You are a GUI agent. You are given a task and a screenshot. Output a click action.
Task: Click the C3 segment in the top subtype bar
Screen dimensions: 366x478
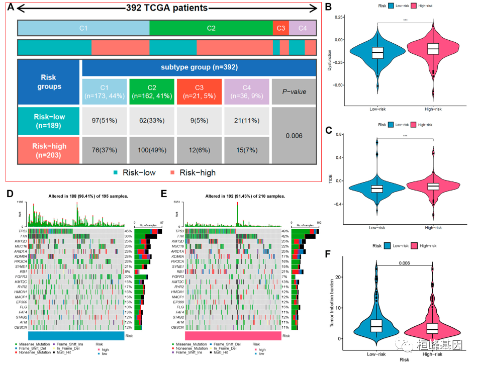pos(280,28)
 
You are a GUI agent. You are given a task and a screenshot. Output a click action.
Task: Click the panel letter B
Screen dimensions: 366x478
pos(328,8)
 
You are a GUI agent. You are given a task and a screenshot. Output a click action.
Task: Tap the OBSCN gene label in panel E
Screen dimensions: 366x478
pos(177,327)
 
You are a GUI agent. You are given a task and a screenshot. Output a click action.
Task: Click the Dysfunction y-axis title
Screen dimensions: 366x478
pos(329,58)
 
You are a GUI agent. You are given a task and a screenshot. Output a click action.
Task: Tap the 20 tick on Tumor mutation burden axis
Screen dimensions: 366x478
pos(339,278)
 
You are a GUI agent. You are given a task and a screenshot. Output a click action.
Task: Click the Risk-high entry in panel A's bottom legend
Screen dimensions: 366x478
pos(194,172)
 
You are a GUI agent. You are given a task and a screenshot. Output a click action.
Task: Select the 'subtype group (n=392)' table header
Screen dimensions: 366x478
pos(199,67)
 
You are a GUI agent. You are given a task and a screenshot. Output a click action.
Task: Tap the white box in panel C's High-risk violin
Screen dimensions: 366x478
pos(432,186)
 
